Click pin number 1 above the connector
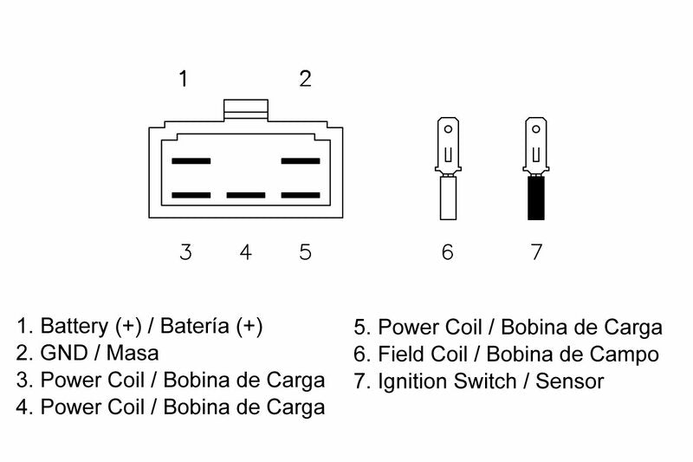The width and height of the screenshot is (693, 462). tap(183, 79)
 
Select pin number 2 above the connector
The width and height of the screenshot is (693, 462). tap(305, 79)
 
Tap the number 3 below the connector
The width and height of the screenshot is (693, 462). tap(185, 252)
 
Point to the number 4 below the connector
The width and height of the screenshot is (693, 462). tap(246, 252)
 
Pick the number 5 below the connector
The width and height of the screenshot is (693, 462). tap(305, 252)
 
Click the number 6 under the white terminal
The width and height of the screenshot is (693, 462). tap(447, 252)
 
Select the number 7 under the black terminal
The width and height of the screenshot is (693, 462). tap(536, 252)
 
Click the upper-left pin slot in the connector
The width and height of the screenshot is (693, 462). tap(191, 161)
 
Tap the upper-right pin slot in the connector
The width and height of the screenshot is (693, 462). tap(301, 161)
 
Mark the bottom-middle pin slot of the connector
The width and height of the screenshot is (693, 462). tap(246, 195)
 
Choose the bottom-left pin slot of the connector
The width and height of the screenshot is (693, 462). tap(191, 195)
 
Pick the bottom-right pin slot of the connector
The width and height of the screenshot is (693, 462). tap(301, 195)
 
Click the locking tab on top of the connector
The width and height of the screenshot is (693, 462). tap(246, 109)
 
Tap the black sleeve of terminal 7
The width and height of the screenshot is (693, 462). tap(536, 198)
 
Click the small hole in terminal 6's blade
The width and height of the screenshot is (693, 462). tap(448, 129)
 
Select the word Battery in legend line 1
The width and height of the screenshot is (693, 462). tap(74, 327)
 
